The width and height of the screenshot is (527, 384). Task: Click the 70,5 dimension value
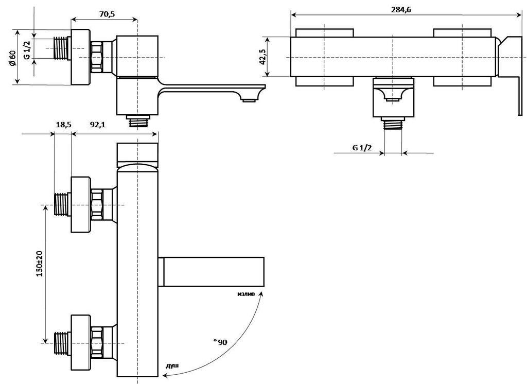point(107,14)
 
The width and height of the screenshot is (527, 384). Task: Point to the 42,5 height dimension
point(263,57)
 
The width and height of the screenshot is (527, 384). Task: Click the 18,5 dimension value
point(63,125)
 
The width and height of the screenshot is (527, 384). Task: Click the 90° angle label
point(222,342)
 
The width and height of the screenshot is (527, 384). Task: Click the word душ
point(172,365)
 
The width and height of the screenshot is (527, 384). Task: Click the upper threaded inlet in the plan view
point(62,204)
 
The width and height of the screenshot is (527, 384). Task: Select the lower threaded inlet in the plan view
point(62,342)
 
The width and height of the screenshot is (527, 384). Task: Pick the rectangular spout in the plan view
point(211,271)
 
